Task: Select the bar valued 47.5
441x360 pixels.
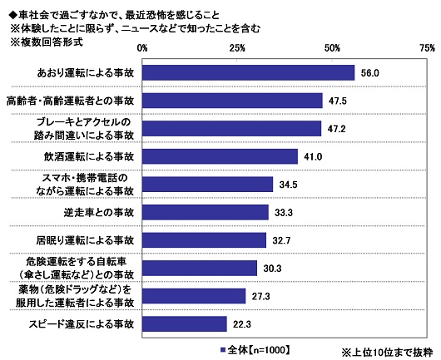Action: tap(232, 101)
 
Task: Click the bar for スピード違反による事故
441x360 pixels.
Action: tap(185, 323)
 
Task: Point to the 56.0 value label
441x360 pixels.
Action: tap(370, 73)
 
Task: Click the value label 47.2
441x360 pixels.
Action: tap(337, 129)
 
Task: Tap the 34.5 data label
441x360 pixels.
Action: tap(289, 185)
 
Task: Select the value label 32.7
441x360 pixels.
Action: tap(282, 240)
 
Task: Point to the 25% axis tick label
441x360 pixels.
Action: tap(237, 47)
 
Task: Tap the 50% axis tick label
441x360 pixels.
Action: tap(332, 47)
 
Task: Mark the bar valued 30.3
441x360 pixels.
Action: tap(200, 268)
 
